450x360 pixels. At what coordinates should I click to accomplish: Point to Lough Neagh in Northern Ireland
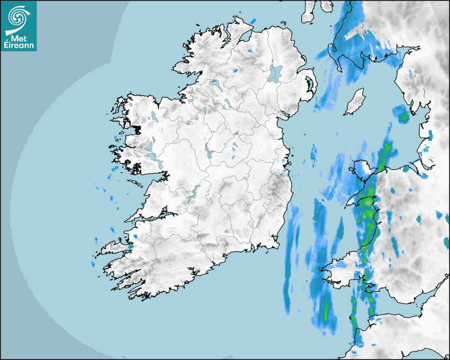[x=275, y=73]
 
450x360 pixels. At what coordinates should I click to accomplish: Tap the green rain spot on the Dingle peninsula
[x=130, y=245]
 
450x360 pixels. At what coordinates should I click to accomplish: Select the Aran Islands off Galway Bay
[x=136, y=183]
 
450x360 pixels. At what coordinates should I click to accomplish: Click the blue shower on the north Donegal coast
[x=252, y=21]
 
